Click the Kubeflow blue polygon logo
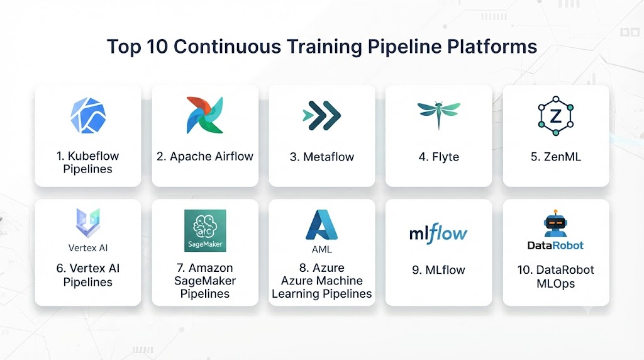point(88,115)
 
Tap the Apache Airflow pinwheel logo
point(204,115)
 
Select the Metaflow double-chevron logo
point(321,115)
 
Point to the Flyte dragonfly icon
point(438,115)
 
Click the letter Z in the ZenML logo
point(556,116)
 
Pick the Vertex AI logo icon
point(88,223)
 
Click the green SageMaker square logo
point(205,230)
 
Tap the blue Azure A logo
point(321,225)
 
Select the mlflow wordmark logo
point(438,233)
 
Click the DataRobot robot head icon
point(555,223)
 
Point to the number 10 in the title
point(157,47)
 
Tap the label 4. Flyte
point(438,157)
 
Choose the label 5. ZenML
point(556,157)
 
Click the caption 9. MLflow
point(438,270)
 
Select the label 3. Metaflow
point(321,157)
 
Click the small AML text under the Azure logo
point(321,249)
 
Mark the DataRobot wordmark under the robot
point(555,245)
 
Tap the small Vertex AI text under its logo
point(88,248)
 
